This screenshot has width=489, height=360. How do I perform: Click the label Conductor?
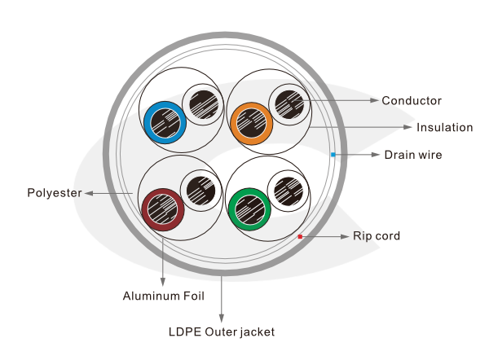click(412, 101)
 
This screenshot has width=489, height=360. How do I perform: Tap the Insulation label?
click(444, 128)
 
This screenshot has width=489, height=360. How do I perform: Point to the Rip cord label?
click(376, 236)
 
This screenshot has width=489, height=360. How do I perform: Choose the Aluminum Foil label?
click(163, 295)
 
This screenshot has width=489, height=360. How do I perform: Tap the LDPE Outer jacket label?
click(222, 331)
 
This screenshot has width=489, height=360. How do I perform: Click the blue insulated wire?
click(165, 124)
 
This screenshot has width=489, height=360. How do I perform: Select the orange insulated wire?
click(253, 124)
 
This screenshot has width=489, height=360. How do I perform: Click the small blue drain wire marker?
click(333, 154)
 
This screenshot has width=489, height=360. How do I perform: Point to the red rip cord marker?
click(300, 236)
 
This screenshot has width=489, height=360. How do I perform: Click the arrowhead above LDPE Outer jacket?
click(222, 317)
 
